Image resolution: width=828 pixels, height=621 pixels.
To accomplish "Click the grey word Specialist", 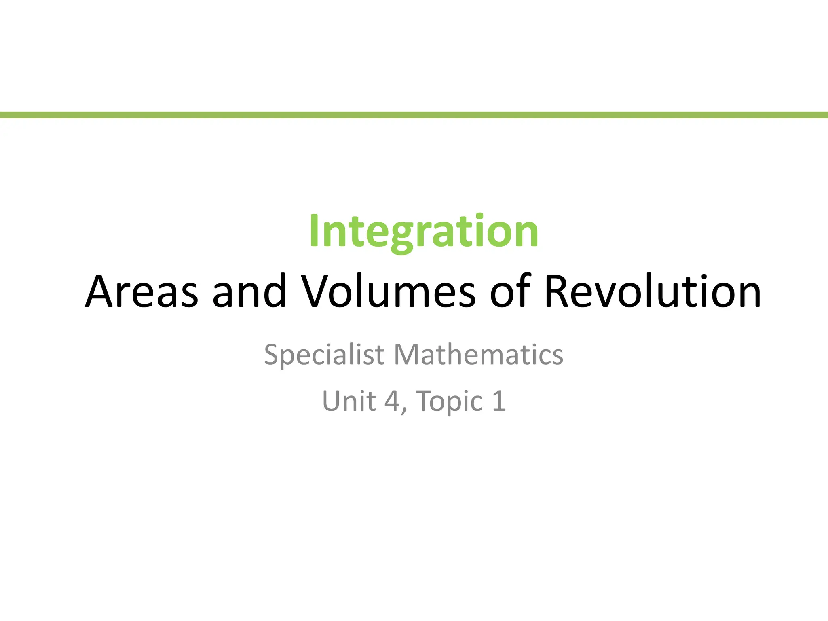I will pyautogui.click(x=324, y=355).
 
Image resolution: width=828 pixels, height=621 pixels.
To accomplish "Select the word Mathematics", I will pyautogui.click(x=478, y=355).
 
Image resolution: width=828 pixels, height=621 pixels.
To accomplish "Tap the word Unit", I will pyautogui.click(x=349, y=401).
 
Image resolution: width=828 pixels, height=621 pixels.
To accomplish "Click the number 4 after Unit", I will pyautogui.click(x=392, y=401).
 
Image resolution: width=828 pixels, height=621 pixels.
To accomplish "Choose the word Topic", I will pyautogui.click(x=449, y=402).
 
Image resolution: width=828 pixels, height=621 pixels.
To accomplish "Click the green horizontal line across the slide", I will pyautogui.click(x=414, y=115).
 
